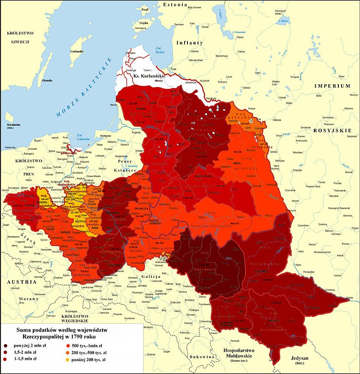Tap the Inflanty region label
pos(189,42)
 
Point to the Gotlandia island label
pos(76,52)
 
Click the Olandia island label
pos(47,80)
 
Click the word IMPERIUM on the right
pos(332,86)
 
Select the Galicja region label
pos(151,276)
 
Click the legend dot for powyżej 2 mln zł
pos(7,345)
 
